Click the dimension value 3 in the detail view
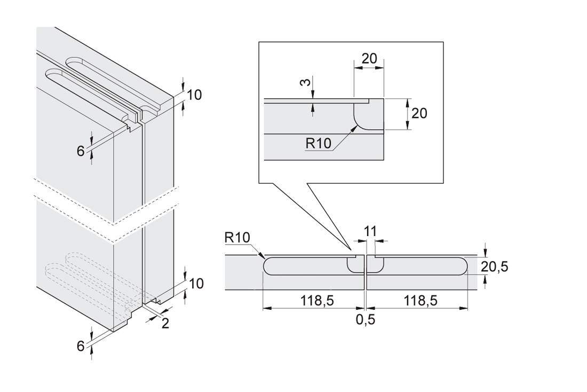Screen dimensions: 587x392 307,82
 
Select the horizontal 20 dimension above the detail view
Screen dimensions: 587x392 369,58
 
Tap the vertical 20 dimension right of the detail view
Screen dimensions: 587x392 419,113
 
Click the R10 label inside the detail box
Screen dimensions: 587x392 319,143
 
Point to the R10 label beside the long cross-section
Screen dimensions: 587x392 237,237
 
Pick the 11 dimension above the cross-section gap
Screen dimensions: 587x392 371,231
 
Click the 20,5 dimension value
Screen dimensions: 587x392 495,266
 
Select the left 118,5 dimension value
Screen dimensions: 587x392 317,300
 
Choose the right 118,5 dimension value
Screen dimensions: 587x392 421,300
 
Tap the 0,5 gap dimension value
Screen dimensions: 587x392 366,319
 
